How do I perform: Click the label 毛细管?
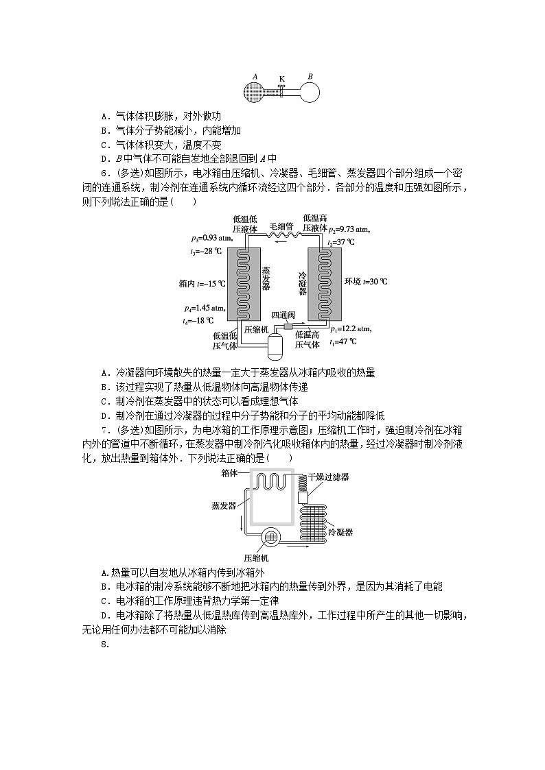pyautogui.click(x=281, y=226)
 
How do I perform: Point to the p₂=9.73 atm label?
pyautogui.click(x=350, y=230)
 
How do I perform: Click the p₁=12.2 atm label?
pyautogui.click(x=351, y=329)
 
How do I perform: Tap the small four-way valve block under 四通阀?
pyautogui.click(x=281, y=326)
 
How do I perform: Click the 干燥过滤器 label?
pyautogui.click(x=328, y=477)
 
